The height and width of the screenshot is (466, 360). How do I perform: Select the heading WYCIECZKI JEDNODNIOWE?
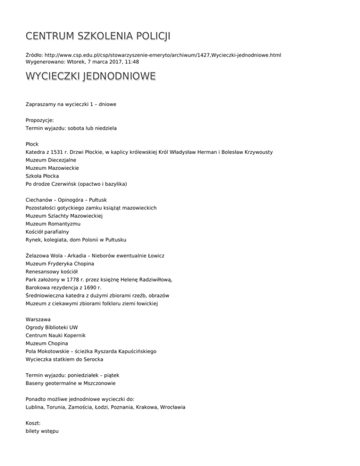(x=90, y=76)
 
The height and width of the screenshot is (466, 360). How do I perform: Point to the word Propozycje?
(x=40, y=120)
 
